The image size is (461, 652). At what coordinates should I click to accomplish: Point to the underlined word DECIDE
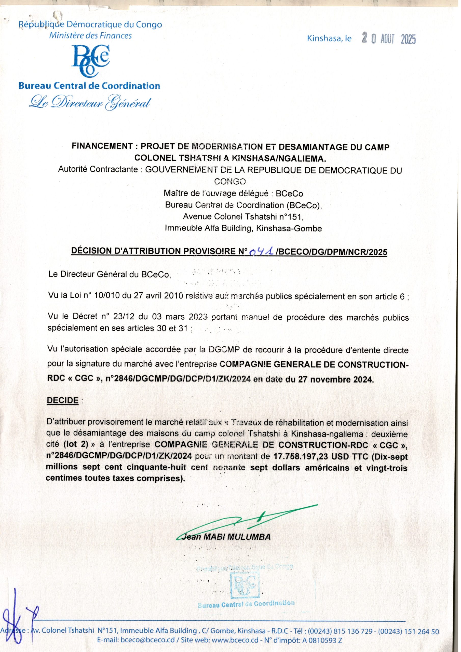(x=62, y=400)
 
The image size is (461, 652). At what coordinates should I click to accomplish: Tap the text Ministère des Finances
(x=90, y=35)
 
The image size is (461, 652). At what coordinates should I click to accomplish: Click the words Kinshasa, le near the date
(x=329, y=39)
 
